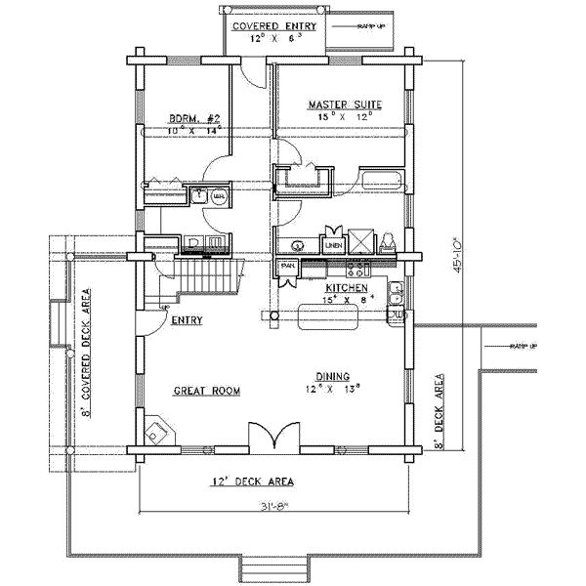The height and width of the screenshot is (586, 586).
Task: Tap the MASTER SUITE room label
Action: (345, 105)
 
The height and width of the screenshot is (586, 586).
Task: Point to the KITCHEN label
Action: (346, 289)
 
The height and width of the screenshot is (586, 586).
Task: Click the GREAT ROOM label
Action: (207, 391)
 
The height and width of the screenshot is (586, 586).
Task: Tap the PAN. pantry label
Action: (288, 266)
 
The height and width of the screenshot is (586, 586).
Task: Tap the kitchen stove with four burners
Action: (357, 267)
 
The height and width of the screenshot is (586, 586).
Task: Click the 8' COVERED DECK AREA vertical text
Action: (86, 353)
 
